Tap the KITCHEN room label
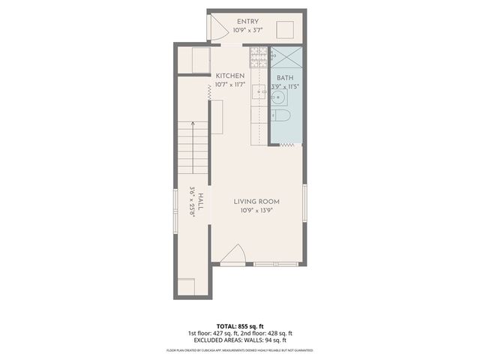230,76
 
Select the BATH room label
285,78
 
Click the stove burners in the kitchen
258,53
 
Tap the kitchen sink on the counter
259,92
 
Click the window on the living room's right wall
304,202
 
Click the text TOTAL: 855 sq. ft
239,326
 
